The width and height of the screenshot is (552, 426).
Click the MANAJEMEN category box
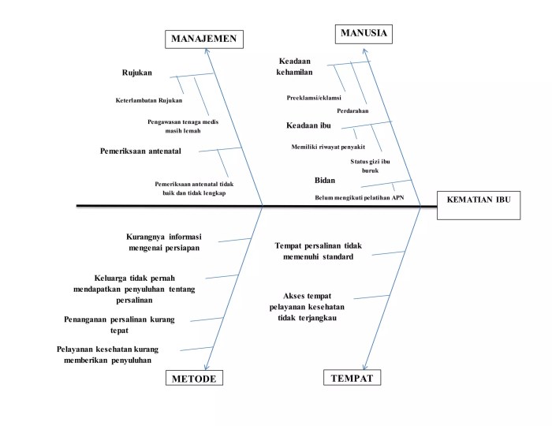[x=204, y=39]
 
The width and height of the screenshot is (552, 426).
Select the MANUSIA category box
[x=364, y=33]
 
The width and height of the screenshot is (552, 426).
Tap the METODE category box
[x=193, y=379]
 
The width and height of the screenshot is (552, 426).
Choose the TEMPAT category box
[x=352, y=378]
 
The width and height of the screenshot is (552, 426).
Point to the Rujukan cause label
[x=136, y=73]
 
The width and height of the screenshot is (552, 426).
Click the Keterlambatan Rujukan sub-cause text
[x=149, y=100]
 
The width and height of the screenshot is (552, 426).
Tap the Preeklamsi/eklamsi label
[x=314, y=98]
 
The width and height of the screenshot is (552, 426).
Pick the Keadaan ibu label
[x=308, y=126]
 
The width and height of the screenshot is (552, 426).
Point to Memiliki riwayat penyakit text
[x=328, y=147]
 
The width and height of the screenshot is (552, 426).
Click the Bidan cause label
[x=325, y=181]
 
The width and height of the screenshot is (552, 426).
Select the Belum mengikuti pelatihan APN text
[x=358, y=198]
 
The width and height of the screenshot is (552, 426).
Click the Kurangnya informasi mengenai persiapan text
[x=164, y=241]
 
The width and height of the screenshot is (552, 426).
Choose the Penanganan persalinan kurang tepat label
[x=119, y=325]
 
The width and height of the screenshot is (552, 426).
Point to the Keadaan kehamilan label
[x=296, y=66]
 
